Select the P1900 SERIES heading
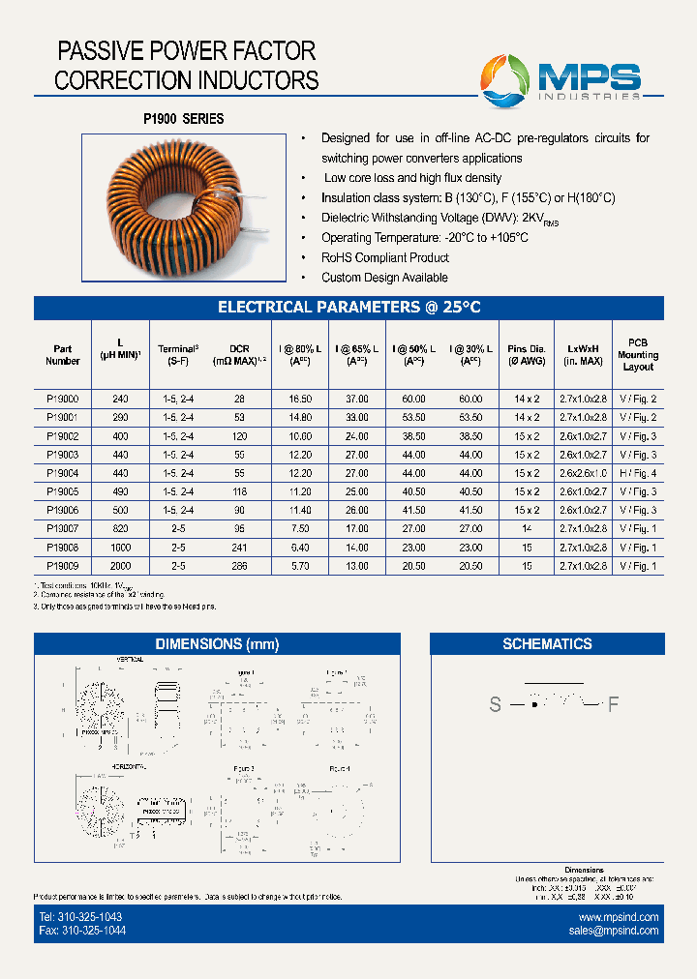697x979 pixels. coord(184,119)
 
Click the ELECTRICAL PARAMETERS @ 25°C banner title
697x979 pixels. coord(348,308)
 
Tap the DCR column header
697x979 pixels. coord(239,355)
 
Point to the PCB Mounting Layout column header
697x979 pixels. coord(638,355)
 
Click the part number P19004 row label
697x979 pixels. coord(62,473)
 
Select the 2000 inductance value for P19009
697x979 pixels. coord(120,565)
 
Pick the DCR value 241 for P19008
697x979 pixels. coord(239,547)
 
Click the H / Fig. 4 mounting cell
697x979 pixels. coord(638,473)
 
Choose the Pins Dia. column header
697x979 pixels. coord(526,355)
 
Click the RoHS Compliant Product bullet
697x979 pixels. coord(385,258)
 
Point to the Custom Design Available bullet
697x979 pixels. coord(384,278)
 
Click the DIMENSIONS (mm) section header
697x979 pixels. coord(216,644)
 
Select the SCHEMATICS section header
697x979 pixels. coord(547,644)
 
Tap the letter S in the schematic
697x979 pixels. coord(495,705)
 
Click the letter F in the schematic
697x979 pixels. coord(612,705)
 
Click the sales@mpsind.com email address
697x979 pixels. coord(614,931)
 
